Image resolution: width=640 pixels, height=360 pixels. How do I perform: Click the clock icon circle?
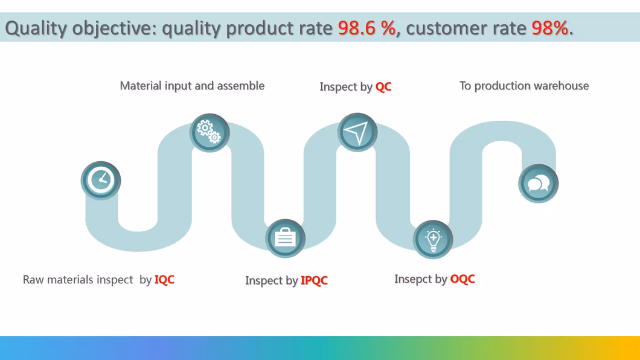pos(101,180)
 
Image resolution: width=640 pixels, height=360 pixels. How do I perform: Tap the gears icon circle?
pos(210,133)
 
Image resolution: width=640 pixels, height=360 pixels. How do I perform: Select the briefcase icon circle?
pos(286,239)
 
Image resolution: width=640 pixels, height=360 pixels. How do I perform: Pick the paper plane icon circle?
pos(357,132)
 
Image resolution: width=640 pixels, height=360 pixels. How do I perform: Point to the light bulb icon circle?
pos(433,239)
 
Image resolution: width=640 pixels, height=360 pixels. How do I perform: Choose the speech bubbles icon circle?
pos(539,184)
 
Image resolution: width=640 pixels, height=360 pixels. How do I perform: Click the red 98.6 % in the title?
pos(367,28)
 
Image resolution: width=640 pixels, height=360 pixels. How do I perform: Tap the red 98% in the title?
pos(550,28)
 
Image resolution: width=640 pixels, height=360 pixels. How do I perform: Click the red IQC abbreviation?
pos(164,280)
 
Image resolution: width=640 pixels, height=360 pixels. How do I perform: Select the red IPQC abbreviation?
pos(315,280)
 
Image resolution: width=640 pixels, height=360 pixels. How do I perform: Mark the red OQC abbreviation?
pos(462,279)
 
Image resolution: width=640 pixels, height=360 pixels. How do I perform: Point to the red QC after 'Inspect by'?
pos(383,86)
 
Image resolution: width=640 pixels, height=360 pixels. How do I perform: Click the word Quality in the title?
pos(36,28)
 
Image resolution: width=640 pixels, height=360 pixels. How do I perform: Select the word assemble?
pos(240,86)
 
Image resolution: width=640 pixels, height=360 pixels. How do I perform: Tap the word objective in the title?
pos(115,28)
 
